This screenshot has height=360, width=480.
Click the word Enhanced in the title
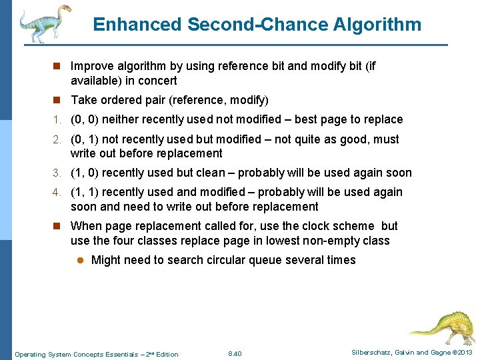[137, 25]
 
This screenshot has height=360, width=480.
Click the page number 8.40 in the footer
[235, 353]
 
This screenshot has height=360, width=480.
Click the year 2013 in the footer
[464, 353]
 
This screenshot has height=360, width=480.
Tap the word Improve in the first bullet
[92, 67]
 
